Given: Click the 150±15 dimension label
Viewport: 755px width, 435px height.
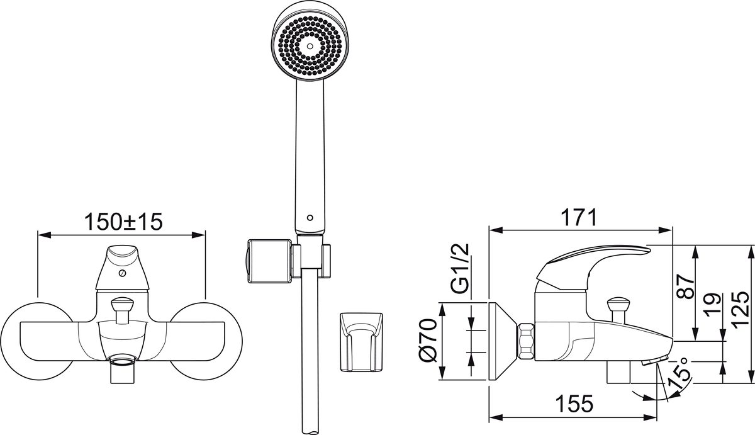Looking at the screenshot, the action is (123, 222).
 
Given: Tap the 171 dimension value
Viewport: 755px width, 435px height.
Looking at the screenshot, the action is (578, 218).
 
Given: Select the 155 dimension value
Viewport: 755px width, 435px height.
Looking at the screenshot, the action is (574, 404).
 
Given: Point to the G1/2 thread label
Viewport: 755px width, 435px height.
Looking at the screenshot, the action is (459, 268).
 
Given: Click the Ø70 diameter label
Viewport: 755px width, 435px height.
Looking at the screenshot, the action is (427, 341).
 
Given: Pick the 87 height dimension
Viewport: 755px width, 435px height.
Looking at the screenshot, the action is (686, 286).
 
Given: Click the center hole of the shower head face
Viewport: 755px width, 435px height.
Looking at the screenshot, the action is (310, 46).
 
